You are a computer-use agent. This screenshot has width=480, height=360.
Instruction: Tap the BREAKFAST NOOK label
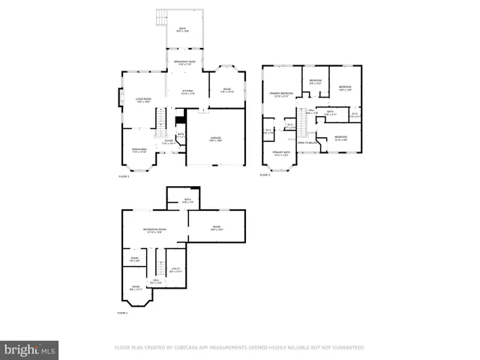pos(185,63)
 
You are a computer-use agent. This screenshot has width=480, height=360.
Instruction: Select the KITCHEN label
pos(187,92)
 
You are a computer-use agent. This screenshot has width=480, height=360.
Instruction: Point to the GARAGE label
pos(215,139)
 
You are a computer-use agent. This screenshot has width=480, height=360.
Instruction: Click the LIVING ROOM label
pos(143,100)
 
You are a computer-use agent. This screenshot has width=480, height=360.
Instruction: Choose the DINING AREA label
pos(139,150)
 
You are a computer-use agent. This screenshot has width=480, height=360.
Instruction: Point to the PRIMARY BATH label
pos(281,154)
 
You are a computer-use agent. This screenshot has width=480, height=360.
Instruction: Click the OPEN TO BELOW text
pos(306,142)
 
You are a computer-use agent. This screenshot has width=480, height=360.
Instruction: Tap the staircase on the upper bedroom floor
pos(304,121)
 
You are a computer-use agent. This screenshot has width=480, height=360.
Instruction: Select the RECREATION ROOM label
pos(154,230)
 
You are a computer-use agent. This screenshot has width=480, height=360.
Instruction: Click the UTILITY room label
pos(175,270)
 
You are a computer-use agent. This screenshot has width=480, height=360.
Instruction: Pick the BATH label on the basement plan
pos(187,200)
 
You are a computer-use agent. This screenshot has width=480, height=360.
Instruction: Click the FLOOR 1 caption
pos(123,313)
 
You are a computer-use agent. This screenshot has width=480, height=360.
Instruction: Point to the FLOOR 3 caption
pos(264,175)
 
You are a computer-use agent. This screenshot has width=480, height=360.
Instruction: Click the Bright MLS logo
pos(30,349)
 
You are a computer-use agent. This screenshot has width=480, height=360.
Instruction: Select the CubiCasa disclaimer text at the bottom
pos(239,347)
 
